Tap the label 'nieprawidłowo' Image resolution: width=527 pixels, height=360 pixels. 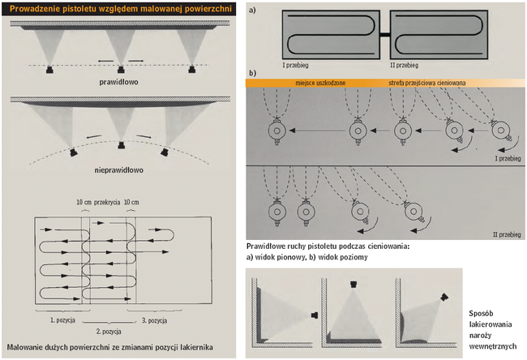[120, 171]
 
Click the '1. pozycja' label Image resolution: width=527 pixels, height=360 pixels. [62, 321]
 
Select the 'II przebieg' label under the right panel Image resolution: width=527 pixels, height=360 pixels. [403, 62]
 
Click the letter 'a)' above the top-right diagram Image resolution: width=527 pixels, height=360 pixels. [253, 11]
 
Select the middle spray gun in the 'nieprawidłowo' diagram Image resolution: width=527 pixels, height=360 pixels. [121, 147]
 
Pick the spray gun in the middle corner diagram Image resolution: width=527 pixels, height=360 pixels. [354, 285]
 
